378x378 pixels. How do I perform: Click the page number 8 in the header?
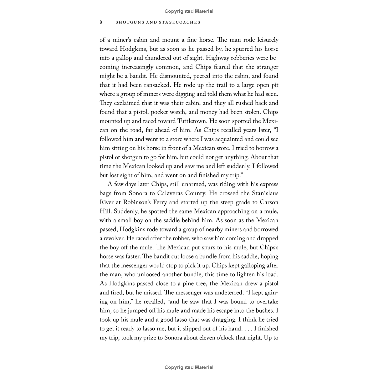tap(101, 22)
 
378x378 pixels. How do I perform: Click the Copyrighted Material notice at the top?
tap(189, 11)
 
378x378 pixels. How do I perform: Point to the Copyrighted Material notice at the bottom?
tap(189, 367)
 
